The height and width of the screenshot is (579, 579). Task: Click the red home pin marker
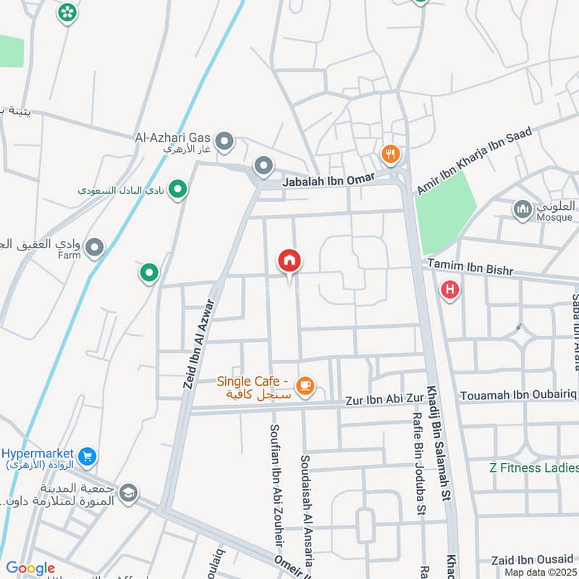[x=289, y=261]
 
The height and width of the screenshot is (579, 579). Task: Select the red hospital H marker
[x=450, y=290]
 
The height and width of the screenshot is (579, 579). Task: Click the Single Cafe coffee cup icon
[x=305, y=385]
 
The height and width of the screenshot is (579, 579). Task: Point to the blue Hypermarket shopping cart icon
[x=88, y=457]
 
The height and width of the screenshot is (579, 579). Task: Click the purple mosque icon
[x=522, y=210]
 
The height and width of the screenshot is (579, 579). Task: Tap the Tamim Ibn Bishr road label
[x=470, y=266]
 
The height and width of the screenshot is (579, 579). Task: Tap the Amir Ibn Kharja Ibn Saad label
[x=474, y=161]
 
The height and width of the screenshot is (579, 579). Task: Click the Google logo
[x=30, y=569]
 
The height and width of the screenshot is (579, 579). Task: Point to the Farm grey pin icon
[x=94, y=249]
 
